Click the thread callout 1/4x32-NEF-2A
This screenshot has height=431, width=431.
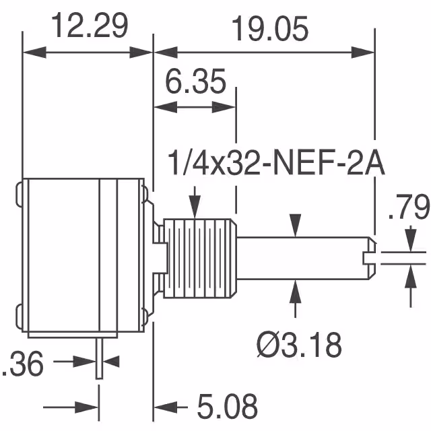pos(275,164)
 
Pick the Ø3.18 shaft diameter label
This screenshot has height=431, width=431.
pos(299,345)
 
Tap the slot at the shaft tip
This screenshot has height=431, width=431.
pos(369,257)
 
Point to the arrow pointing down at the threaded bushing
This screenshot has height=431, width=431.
pos(195,205)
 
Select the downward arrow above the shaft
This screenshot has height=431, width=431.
pos(295,224)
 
